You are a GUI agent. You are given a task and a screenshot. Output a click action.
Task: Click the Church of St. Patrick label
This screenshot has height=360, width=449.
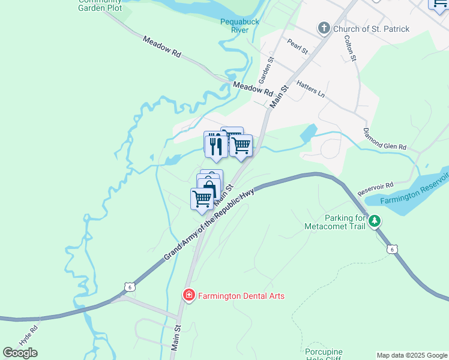(x=372, y=29)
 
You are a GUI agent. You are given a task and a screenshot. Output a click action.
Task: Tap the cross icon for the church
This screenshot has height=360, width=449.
(x=324, y=28)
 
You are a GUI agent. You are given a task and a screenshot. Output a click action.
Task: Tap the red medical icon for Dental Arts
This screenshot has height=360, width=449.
(x=188, y=296)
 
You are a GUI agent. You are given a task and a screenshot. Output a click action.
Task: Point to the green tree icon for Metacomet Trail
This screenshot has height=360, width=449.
(x=375, y=221)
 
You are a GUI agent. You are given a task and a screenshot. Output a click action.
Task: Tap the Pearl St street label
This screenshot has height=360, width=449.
(x=297, y=46)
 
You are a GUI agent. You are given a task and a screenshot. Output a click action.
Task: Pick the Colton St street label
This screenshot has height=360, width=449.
(x=350, y=48)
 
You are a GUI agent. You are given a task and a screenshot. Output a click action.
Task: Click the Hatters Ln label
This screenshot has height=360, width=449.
(x=310, y=91)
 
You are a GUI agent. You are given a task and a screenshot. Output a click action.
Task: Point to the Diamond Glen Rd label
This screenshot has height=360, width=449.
(x=384, y=139)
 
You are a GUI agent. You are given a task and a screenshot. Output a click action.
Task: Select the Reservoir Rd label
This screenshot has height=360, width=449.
(x=375, y=188)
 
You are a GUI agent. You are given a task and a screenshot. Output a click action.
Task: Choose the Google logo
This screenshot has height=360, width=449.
(x=20, y=353)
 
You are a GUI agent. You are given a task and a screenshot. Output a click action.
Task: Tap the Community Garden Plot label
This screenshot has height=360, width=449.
(x=100, y=5)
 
